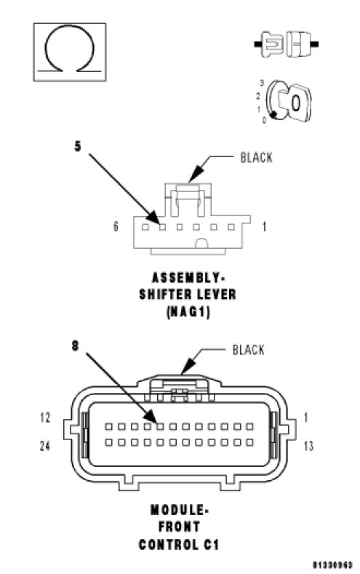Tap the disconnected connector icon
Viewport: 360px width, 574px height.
coord(286,44)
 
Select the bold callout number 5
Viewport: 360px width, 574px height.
coord(78,146)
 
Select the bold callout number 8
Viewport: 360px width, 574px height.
coord(75,346)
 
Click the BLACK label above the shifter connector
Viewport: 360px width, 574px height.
coord(256,158)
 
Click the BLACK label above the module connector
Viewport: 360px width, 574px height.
coord(249,350)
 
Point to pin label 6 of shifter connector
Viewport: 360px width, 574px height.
coord(116,226)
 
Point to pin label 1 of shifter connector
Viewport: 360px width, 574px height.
coord(264,227)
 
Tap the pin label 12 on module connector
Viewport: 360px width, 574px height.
coord(45,418)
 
